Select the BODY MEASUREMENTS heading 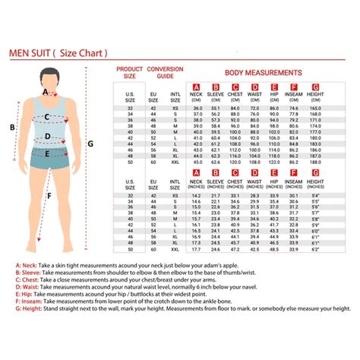pyautogui.click(x=262, y=73)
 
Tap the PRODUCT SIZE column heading pyautogui.click(x=130, y=72)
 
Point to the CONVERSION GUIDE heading pyautogui.click(x=165, y=72)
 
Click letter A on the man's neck pyautogui.click(x=46, y=92)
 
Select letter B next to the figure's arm pyautogui.click(x=11, y=128)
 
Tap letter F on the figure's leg pyautogui.click(x=49, y=195)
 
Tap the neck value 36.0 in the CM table pyautogui.click(x=197, y=109)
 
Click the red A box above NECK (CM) pyautogui.click(x=197, y=87)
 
